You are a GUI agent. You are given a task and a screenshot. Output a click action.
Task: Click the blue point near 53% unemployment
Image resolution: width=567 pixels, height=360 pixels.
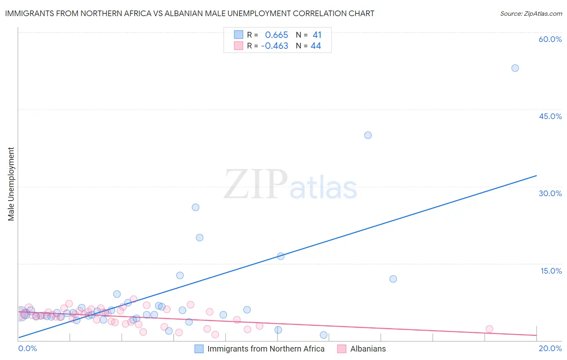pos(515,68)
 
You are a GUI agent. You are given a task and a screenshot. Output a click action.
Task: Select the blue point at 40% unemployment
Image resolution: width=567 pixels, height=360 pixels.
pos(368,135)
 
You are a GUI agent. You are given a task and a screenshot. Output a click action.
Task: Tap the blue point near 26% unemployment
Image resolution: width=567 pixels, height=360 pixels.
pos(196,207)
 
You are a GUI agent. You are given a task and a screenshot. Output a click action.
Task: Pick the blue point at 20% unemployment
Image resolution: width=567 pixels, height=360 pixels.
pos(200,238)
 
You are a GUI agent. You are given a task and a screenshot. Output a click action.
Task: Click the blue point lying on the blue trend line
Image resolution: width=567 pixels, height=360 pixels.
pos(281,256)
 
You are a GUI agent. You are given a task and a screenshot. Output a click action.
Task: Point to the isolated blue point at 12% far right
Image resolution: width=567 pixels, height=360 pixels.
pos(393,279)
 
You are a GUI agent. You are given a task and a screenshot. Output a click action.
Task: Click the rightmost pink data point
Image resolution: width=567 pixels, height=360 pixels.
pos(489,329)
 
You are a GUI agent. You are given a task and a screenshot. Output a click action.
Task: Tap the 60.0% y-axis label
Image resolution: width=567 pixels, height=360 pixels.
pos(550,39)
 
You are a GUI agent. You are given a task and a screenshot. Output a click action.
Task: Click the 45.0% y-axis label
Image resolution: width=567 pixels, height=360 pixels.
pos(550,116)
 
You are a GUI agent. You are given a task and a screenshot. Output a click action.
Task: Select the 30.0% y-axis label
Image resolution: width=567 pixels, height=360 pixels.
pos(550,193)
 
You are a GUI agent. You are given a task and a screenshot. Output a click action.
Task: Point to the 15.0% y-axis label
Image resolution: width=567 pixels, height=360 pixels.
pos(551,271)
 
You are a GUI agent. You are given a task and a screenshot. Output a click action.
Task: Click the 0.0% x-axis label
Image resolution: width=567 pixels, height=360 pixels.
pos(27,348)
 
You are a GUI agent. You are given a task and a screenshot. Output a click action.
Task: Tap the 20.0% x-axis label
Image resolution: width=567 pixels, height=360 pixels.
pos(550,348)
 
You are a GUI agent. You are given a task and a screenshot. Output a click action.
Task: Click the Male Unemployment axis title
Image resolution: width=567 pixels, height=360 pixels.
pos(11,184)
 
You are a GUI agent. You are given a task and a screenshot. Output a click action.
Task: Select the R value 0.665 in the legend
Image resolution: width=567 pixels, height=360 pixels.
pos(276,35)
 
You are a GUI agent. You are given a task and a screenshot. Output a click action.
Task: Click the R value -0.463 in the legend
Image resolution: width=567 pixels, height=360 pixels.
pos(275,46)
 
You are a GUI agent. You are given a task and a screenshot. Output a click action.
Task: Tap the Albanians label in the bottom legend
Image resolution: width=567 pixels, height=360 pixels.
pos(368,349)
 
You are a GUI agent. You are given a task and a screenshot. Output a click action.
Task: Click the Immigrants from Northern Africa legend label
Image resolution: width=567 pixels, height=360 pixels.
pos(266,349)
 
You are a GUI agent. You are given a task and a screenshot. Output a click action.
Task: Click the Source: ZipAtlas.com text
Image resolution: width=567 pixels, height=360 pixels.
pos(531,14)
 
